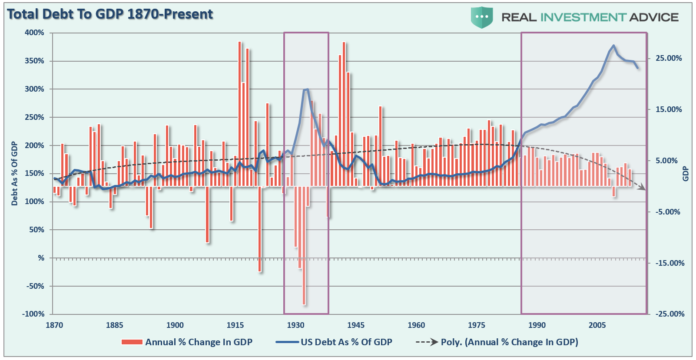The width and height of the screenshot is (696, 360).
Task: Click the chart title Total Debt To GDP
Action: (110, 14)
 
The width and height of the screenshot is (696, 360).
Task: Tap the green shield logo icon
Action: (481, 17)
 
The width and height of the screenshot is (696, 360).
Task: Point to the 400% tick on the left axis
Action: (35, 33)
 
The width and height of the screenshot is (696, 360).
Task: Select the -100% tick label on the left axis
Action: (33, 314)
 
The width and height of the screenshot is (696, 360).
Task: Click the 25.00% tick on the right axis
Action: (669, 58)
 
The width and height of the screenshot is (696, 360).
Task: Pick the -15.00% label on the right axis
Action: (669, 263)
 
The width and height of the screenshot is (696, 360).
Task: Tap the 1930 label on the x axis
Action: (295, 325)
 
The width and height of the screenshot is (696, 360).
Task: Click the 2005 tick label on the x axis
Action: (597, 325)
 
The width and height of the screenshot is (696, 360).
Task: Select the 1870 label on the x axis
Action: (54, 325)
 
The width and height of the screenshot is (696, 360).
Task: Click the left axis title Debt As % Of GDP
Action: (15, 173)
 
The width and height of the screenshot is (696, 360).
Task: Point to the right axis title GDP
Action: (686, 173)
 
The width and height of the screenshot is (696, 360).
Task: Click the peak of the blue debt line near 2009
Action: (613, 46)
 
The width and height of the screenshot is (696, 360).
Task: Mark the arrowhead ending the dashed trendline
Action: (643, 188)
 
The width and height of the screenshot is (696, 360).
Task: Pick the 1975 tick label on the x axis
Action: (477, 325)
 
